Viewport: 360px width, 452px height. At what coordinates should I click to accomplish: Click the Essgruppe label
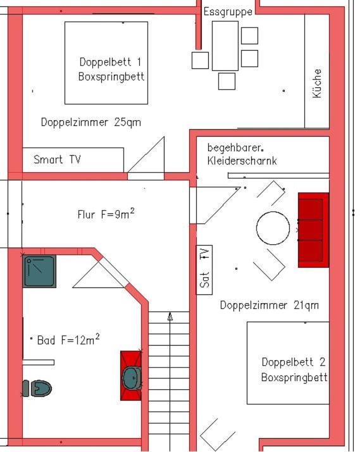228,12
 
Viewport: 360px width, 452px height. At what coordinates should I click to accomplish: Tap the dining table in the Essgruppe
225,46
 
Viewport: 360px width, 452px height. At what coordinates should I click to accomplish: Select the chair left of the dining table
200,60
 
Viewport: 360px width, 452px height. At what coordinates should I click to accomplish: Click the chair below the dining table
227,81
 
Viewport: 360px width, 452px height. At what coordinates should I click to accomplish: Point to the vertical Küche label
316,84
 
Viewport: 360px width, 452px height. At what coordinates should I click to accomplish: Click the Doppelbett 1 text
110,61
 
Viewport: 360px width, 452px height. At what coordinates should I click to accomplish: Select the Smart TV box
73,160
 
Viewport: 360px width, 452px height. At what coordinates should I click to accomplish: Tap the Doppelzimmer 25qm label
91,122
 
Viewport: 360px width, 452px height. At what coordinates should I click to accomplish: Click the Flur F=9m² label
106,213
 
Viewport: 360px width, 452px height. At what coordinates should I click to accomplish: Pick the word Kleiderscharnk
242,161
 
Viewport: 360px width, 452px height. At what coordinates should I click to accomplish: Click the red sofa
313,230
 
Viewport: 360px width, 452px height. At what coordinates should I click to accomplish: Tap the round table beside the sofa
273,228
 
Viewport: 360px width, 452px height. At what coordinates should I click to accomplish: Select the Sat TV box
204,270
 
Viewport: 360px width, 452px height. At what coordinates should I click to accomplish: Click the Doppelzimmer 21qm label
270,305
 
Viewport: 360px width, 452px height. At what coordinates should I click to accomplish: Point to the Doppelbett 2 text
294,361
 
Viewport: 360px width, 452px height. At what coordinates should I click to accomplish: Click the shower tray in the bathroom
39,271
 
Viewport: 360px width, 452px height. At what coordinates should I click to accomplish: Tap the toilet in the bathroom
37,388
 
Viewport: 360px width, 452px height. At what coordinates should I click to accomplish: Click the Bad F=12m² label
68,339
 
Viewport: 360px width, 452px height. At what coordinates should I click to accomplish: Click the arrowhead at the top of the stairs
170,317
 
